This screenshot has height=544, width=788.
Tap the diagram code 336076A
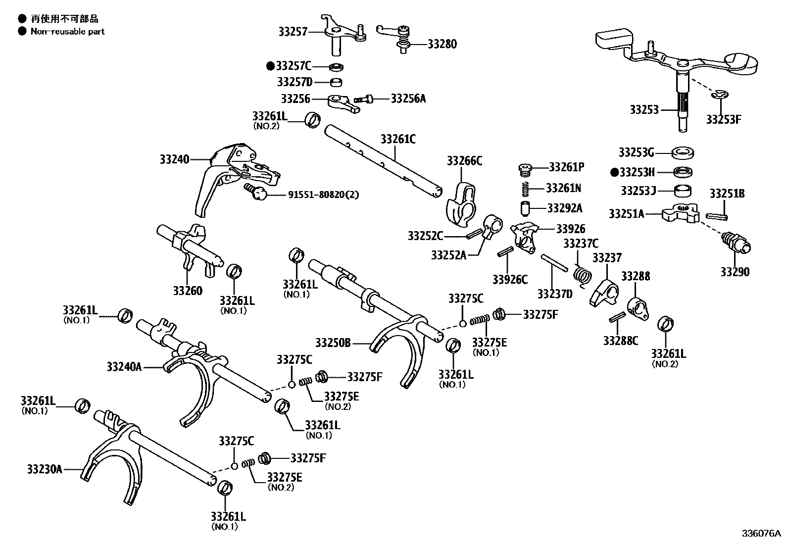tap(761, 534)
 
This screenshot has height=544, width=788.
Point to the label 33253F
tap(723, 120)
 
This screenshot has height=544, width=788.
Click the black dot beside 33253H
tap(614, 172)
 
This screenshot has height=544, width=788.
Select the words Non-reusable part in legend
tap(67, 31)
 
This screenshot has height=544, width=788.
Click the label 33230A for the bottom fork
tap(45, 469)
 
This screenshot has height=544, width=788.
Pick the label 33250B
tap(333, 342)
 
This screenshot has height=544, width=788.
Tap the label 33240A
tap(124, 367)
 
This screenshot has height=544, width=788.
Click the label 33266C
tap(464, 160)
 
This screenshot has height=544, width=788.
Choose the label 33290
tap(735, 272)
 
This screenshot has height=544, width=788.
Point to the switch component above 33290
tap(737, 243)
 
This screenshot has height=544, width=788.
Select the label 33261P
tap(566, 167)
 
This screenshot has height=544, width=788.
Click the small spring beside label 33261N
tap(526, 189)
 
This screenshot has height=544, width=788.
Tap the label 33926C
tap(510, 280)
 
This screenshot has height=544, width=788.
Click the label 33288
tap(636, 276)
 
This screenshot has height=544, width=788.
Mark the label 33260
tap(188, 291)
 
